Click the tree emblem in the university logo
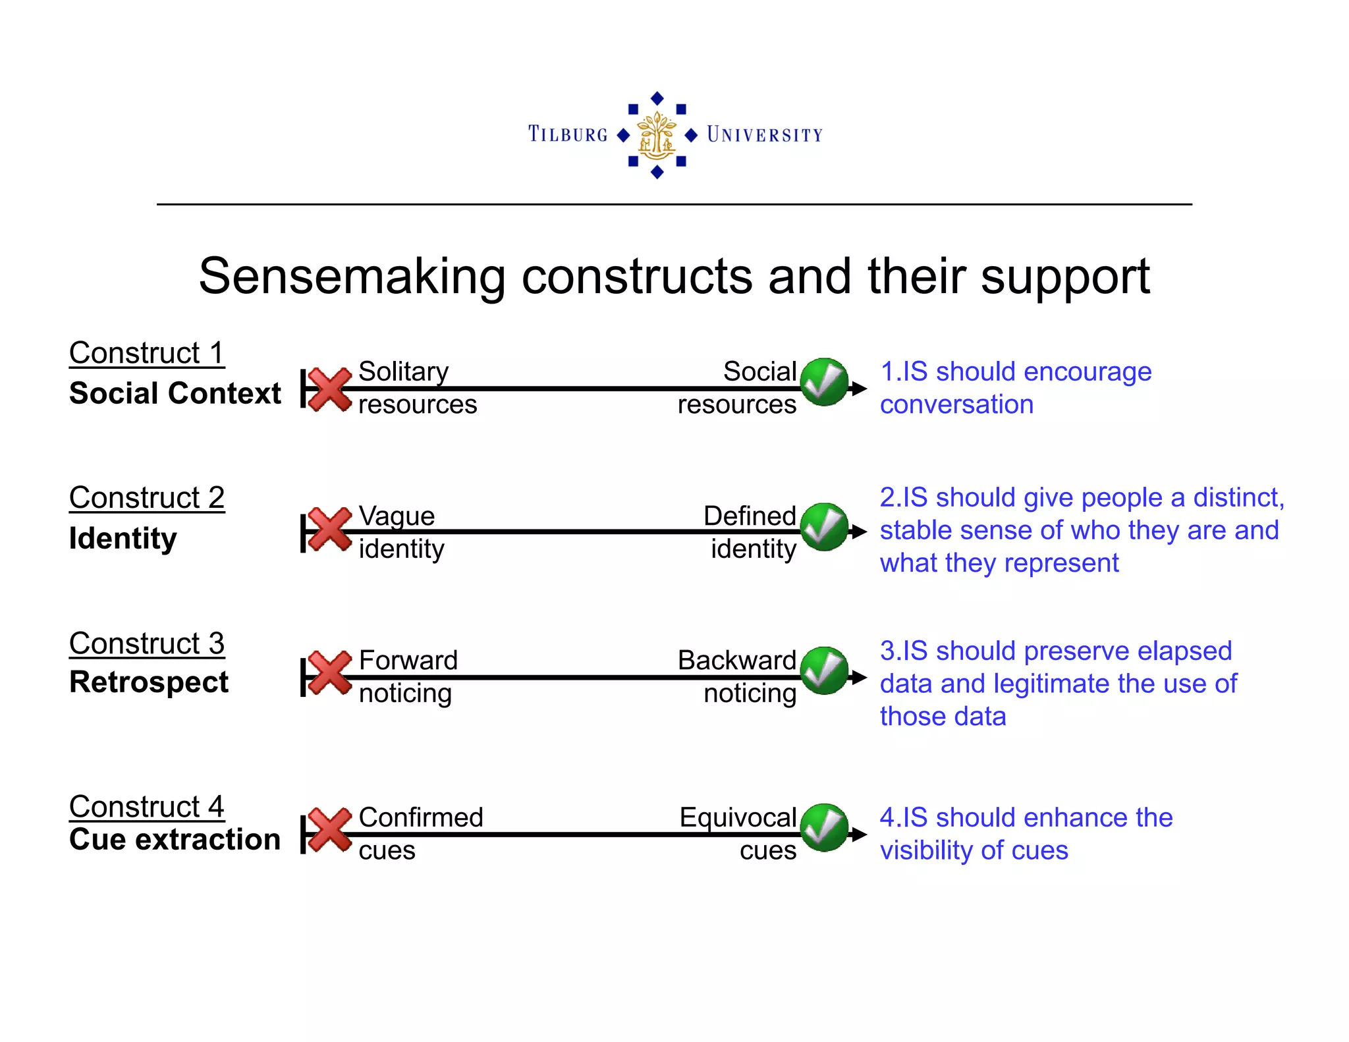pos(657,135)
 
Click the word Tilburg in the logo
pos(568,134)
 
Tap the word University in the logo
pos(764,134)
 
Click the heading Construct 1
pos(146,353)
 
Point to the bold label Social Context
pos(175,393)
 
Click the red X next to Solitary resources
pos(329,389)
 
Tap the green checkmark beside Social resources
pos(824,382)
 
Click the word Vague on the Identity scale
pos(397,516)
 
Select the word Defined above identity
pos(750,516)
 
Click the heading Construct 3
pos(146,644)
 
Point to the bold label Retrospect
pos(149,682)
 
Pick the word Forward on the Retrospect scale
pos(408,660)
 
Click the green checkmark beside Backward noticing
pos(824,671)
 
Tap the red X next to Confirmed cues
pos(329,829)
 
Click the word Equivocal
pos(738,817)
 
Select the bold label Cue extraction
pos(175,839)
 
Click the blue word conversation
pos(956,404)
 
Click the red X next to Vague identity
pos(329,529)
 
